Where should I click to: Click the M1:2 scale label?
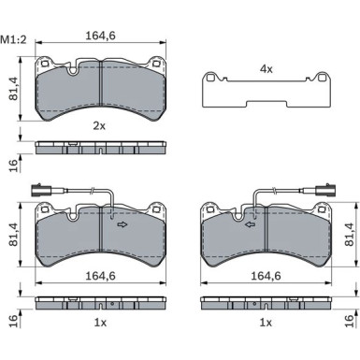[x=13, y=40]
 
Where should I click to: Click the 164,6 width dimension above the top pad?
[x=100, y=36]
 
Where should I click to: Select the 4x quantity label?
[x=266, y=69]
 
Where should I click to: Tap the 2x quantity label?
[x=99, y=126]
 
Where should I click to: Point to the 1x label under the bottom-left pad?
[x=100, y=323]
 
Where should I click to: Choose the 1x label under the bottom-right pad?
[x=266, y=323]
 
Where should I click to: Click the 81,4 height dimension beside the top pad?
[x=14, y=88]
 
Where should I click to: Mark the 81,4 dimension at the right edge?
[x=350, y=235]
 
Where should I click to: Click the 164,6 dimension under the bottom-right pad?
[x=266, y=276]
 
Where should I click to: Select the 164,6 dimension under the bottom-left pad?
[x=100, y=276]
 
